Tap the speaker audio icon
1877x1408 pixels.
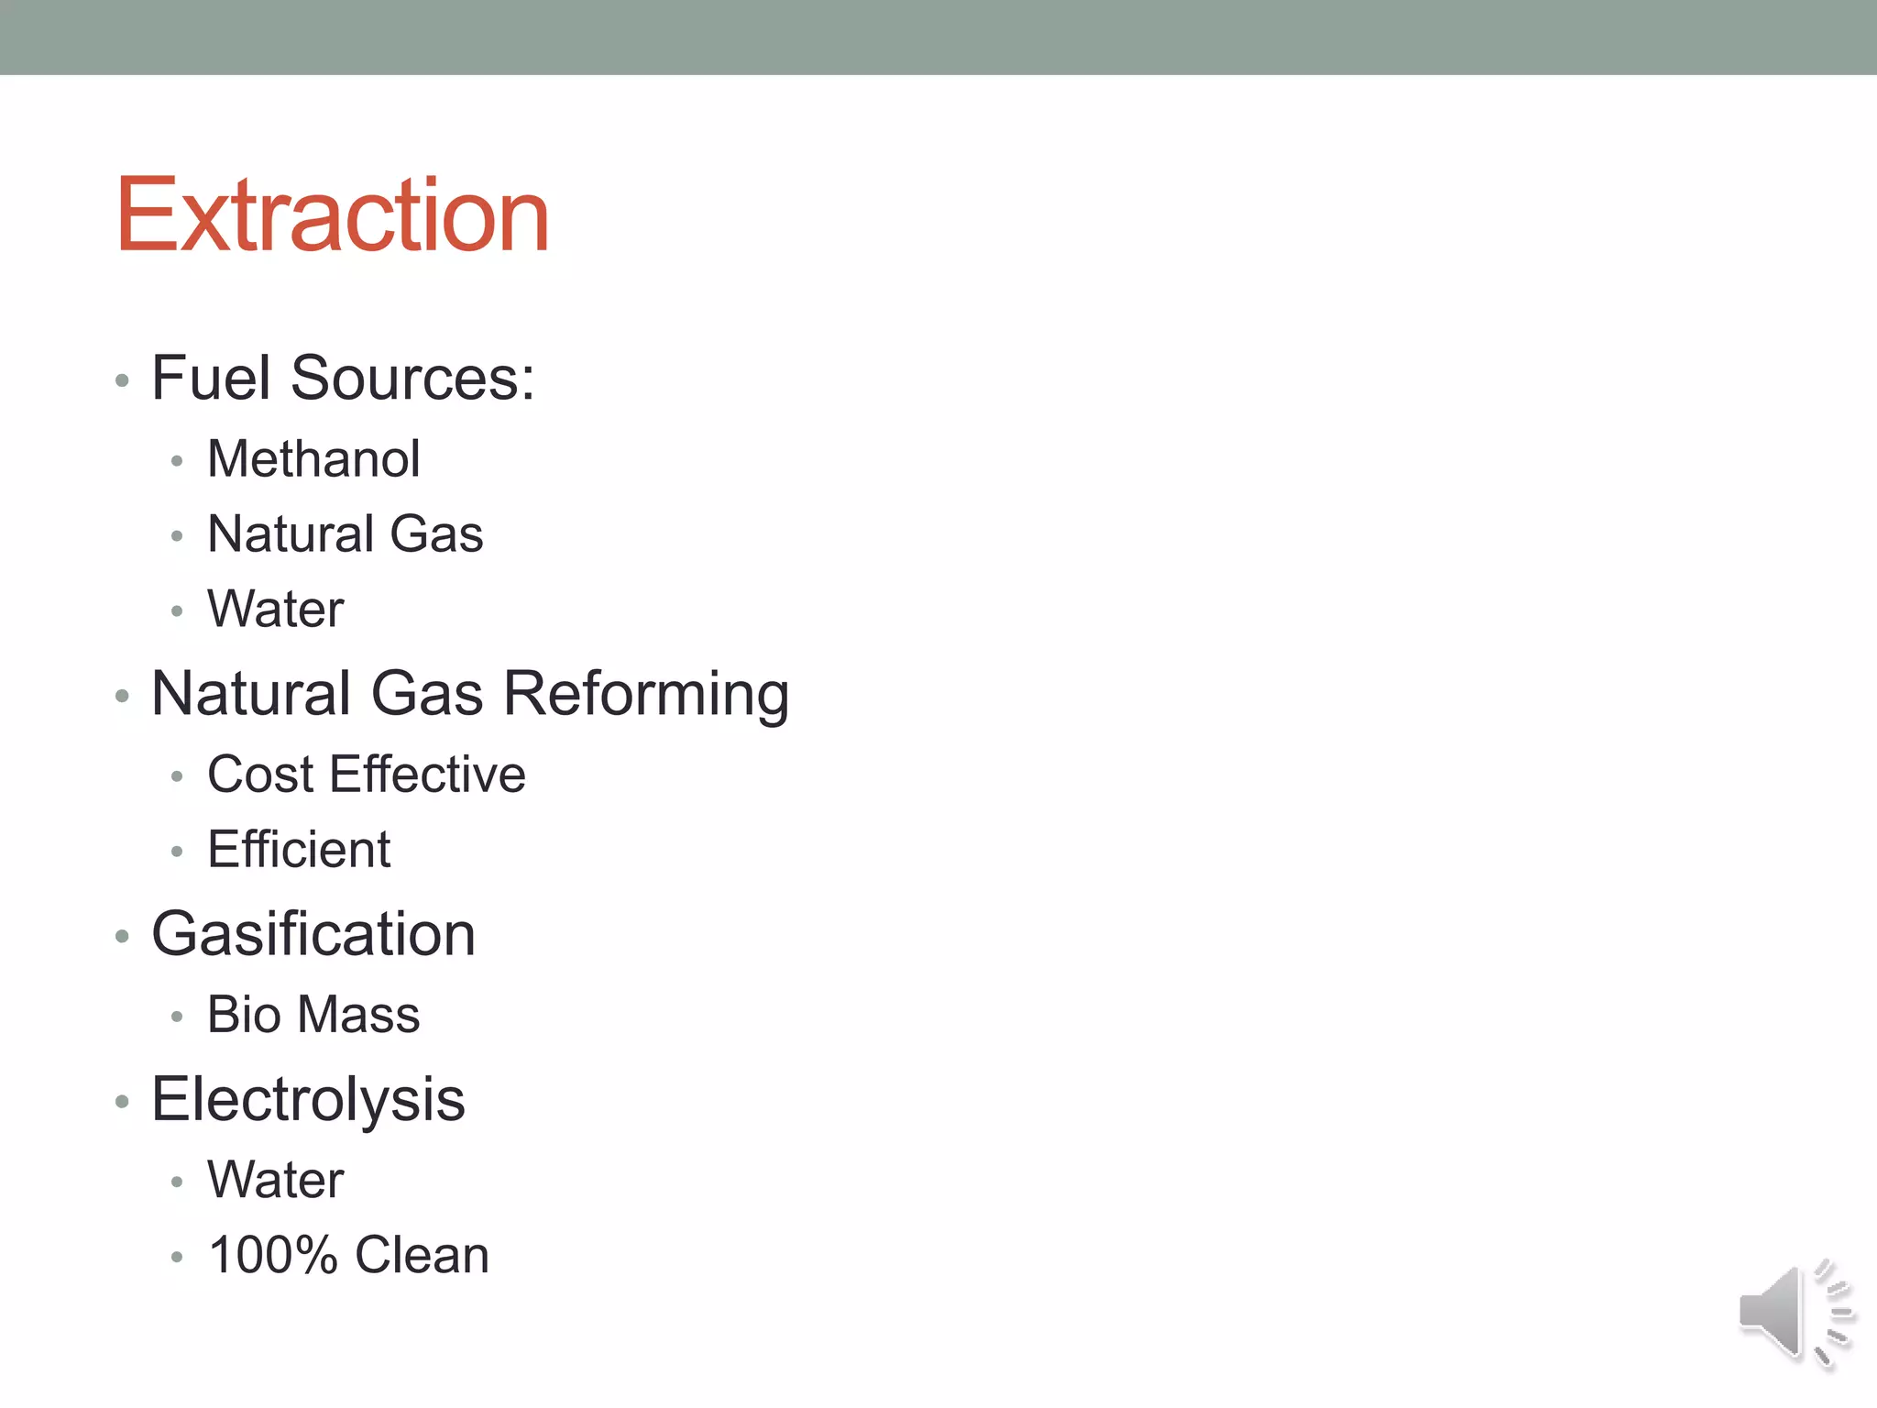(x=1795, y=1313)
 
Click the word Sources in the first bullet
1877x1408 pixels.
(x=412, y=378)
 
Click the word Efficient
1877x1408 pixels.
(x=299, y=850)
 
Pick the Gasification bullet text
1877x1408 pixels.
(x=313, y=934)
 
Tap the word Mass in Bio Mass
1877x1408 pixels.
(x=359, y=1015)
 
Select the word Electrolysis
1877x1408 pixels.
(x=308, y=1099)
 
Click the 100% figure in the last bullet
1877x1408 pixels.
(x=272, y=1255)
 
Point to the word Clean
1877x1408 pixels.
(x=422, y=1255)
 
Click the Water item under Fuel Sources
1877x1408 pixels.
(x=275, y=609)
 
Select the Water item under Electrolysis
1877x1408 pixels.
(x=275, y=1180)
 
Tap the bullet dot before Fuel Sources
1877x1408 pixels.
(x=122, y=380)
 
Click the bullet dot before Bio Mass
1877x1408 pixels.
(x=177, y=1017)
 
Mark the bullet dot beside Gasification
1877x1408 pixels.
(x=122, y=937)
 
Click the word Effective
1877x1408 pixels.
(x=427, y=775)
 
